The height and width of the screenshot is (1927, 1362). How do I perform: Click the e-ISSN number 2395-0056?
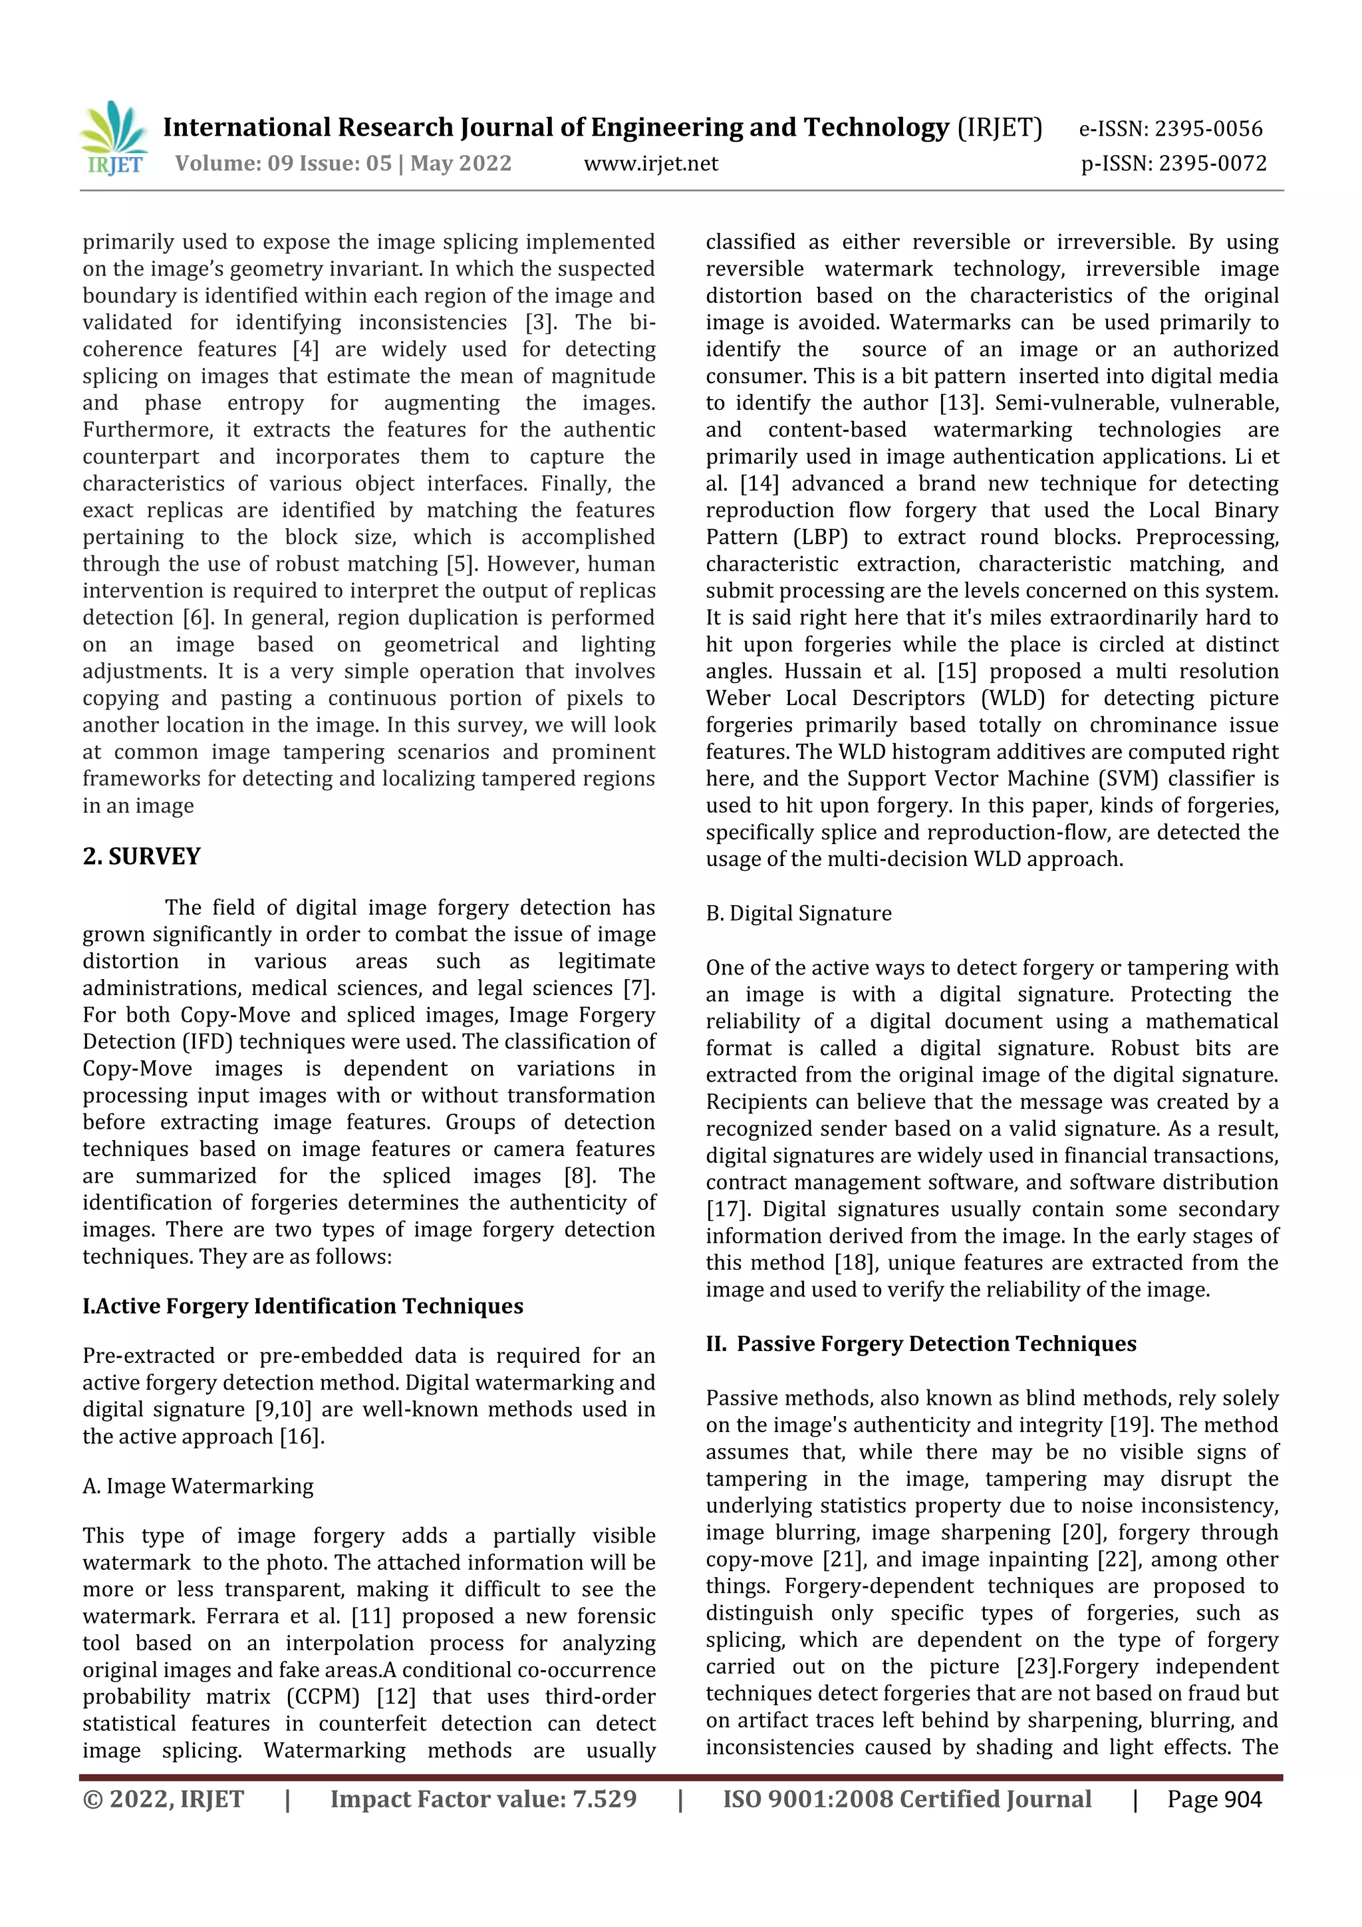click(1208, 128)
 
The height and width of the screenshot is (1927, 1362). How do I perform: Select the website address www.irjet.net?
click(650, 164)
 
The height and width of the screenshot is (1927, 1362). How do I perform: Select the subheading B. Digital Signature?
click(798, 913)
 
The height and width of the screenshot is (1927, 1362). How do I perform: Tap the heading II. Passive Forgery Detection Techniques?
click(920, 1344)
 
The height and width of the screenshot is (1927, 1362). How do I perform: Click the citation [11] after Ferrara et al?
click(370, 1616)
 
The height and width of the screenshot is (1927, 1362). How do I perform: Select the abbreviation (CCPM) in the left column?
click(323, 1696)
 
